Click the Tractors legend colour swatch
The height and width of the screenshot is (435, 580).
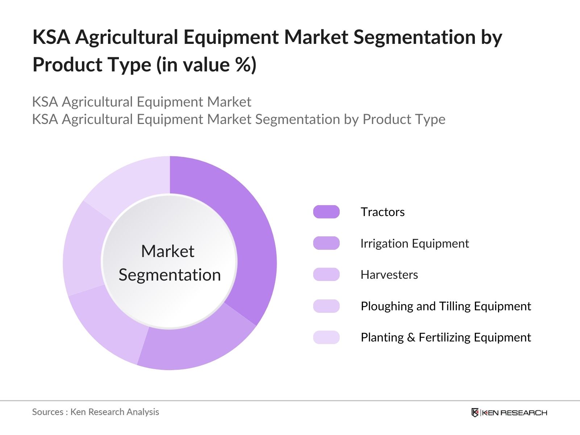click(x=326, y=212)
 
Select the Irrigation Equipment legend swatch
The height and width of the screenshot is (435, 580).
click(x=326, y=243)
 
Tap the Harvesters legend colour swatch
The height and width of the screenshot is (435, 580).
click(x=326, y=274)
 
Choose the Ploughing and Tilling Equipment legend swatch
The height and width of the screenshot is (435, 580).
click(x=326, y=306)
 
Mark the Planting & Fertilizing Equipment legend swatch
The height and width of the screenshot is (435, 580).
click(x=326, y=337)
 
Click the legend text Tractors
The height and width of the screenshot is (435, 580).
click(x=382, y=212)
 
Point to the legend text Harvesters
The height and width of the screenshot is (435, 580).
click(x=389, y=275)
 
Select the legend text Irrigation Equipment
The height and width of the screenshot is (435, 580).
click(x=415, y=244)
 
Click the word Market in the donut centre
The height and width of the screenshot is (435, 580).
click(x=168, y=251)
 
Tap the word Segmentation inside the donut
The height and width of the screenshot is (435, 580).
click(x=170, y=275)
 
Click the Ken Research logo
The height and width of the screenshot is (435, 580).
click(x=509, y=413)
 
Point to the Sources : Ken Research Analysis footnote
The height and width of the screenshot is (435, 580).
click(x=95, y=412)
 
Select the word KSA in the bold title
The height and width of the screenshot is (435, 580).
click(x=51, y=37)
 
